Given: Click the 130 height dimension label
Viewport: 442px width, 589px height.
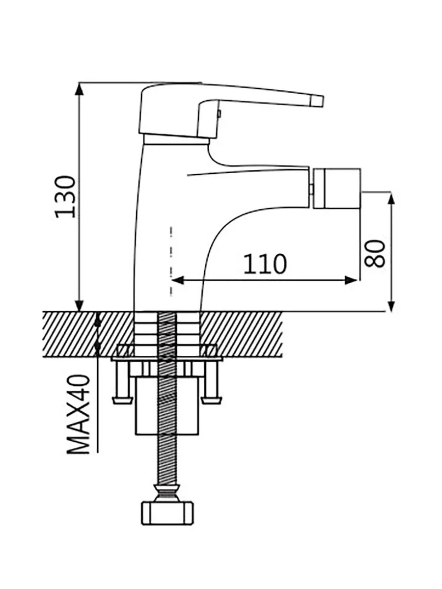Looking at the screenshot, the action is coord(65,197).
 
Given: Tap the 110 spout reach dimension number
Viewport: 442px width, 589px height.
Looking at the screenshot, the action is coord(265,264).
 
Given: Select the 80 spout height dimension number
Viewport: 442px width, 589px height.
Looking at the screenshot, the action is coord(375,253).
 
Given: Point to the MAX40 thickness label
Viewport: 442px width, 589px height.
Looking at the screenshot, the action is coord(78,414).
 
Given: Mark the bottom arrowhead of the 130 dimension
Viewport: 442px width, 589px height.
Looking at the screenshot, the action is coord(79,305).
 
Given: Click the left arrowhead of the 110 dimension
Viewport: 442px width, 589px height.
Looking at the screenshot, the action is coord(178,280).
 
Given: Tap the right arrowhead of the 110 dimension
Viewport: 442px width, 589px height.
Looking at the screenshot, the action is coord(351,280).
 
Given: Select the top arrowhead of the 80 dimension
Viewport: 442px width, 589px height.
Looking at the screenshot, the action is coord(391,199).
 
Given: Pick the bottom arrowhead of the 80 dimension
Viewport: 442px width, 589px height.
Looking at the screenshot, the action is coord(391,305).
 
